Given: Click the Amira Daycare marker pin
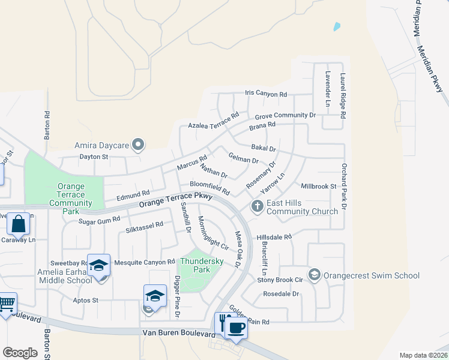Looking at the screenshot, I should click(x=139, y=145).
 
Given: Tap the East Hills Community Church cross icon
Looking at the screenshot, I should click(x=257, y=207).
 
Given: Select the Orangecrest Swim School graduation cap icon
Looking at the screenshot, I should click(x=313, y=275).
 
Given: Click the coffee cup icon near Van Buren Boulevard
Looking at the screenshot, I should click(x=237, y=328).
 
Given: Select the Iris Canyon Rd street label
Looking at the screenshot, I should click(x=266, y=94).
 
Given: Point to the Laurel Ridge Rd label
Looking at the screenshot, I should click(x=343, y=94).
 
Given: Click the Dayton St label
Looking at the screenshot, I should click(x=93, y=157).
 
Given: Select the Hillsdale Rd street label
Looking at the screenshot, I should click(x=274, y=237).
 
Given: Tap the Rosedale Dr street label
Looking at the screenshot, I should click(x=281, y=294).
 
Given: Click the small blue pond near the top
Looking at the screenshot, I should click(x=337, y=26).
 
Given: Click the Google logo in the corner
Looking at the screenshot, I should click(x=20, y=353).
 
